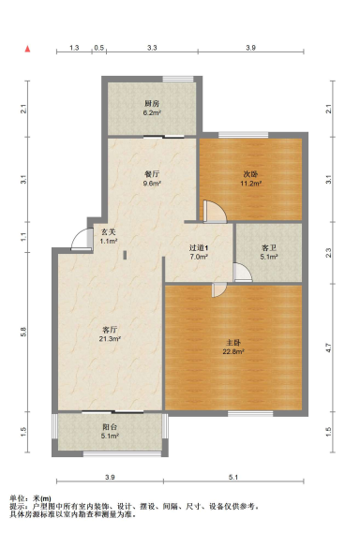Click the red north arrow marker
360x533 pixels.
pos(27,49)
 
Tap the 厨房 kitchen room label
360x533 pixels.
pos(152,103)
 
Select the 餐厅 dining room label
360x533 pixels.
pos(152,174)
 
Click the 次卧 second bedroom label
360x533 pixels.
pos(250,174)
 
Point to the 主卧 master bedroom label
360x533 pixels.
pos(233,342)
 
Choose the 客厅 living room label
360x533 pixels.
pos(110,330)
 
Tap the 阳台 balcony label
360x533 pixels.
pos(110,427)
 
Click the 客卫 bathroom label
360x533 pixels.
pos(269,248)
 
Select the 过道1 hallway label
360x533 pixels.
pos(199,248)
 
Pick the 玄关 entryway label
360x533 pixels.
pos(109,232)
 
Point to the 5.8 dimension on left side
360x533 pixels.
pos(23,332)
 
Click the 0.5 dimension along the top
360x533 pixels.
pos(99,48)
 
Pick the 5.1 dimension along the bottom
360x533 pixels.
pos(233,477)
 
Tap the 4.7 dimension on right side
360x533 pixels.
pos(328,348)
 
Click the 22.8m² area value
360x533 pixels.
pos(233,351)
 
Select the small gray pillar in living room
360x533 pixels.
pos(125,255)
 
